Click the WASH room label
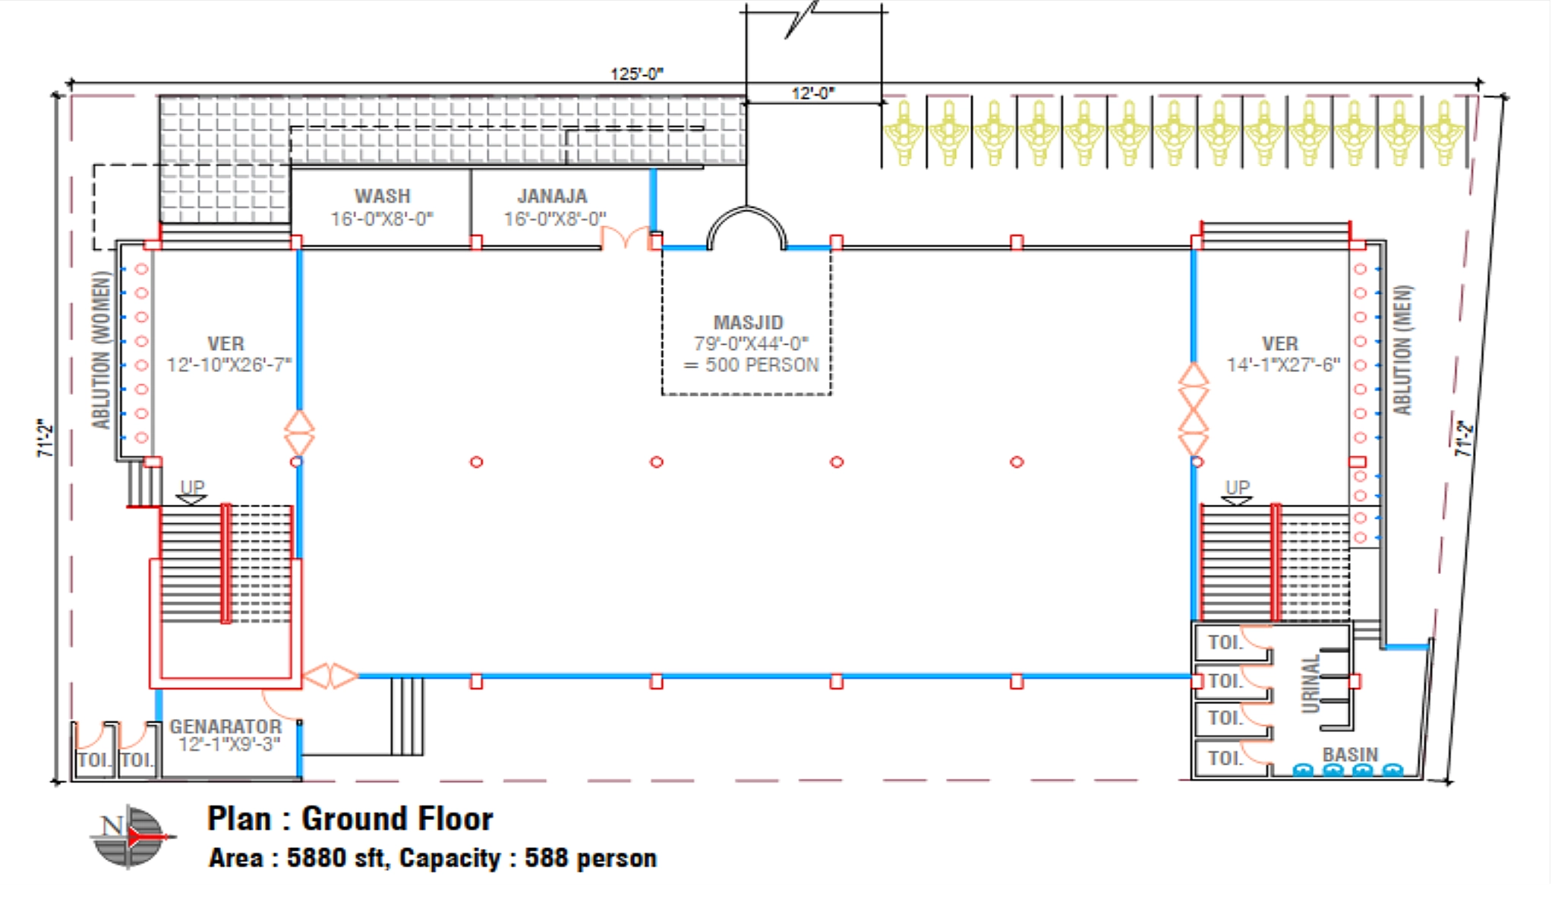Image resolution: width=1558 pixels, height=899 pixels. click(x=382, y=196)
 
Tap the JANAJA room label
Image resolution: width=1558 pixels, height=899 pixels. click(x=552, y=196)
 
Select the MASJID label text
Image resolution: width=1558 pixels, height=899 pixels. click(x=748, y=323)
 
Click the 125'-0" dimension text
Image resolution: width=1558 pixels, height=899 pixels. click(x=637, y=74)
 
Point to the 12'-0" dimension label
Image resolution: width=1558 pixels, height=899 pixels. click(x=812, y=93)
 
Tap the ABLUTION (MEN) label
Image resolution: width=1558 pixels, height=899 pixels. click(x=1403, y=350)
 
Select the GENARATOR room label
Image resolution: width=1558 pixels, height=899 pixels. click(x=225, y=727)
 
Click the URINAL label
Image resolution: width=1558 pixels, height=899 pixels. click(x=1310, y=684)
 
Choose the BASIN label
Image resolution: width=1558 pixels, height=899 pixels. click(x=1350, y=755)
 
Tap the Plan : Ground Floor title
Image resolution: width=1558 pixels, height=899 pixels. click(x=350, y=819)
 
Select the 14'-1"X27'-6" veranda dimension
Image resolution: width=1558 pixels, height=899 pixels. click(x=1283, y=365)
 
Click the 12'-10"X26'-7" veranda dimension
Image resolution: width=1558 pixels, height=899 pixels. click(x=229, y=365)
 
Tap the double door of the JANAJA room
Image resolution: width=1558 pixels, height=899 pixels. click(x=626, y=238)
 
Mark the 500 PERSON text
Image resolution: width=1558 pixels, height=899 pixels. click(x=762, y=365)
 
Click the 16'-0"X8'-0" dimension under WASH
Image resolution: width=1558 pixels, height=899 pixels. click(x=382, y=219)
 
